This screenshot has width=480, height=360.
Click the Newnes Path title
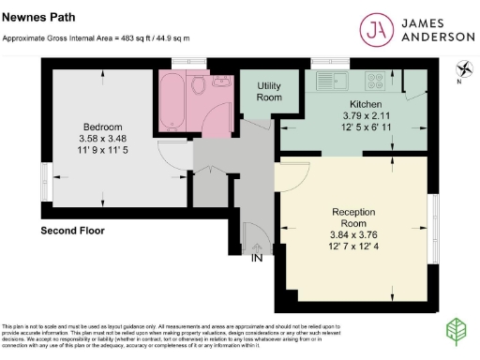(x=32, y=17)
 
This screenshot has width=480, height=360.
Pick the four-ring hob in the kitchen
(x=376, y=81)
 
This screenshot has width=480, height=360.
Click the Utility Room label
(x=269, y=91)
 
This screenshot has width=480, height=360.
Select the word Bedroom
(x=102, y=127)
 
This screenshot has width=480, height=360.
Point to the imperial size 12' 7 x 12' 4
(x=354, y=247)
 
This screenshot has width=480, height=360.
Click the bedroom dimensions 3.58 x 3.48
(x=102, y=138)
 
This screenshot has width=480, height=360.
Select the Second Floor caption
(x=72, y=230)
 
